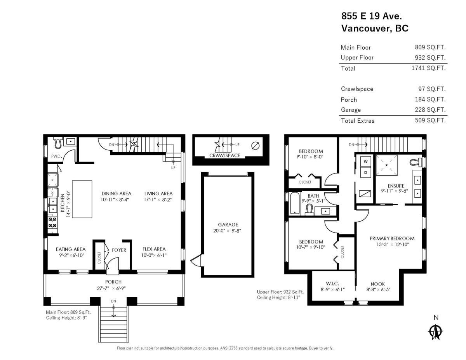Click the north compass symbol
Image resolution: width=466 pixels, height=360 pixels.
point(436,331)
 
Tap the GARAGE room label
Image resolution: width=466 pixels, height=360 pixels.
point(228,224)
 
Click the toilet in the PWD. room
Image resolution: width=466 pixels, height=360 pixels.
point(57,143)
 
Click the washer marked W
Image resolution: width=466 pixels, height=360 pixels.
point(366,161)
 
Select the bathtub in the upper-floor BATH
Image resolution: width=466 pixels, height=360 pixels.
point(295,203)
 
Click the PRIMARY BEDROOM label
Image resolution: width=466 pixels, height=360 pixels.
point(392,238)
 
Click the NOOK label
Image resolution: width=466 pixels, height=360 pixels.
point(377,284)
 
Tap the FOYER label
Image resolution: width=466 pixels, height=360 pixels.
point(119,250)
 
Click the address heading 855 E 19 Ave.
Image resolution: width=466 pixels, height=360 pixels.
point(371,16)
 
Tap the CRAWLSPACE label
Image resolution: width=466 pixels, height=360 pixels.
point(224,155)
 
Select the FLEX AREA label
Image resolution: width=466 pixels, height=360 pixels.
point(154,249)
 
